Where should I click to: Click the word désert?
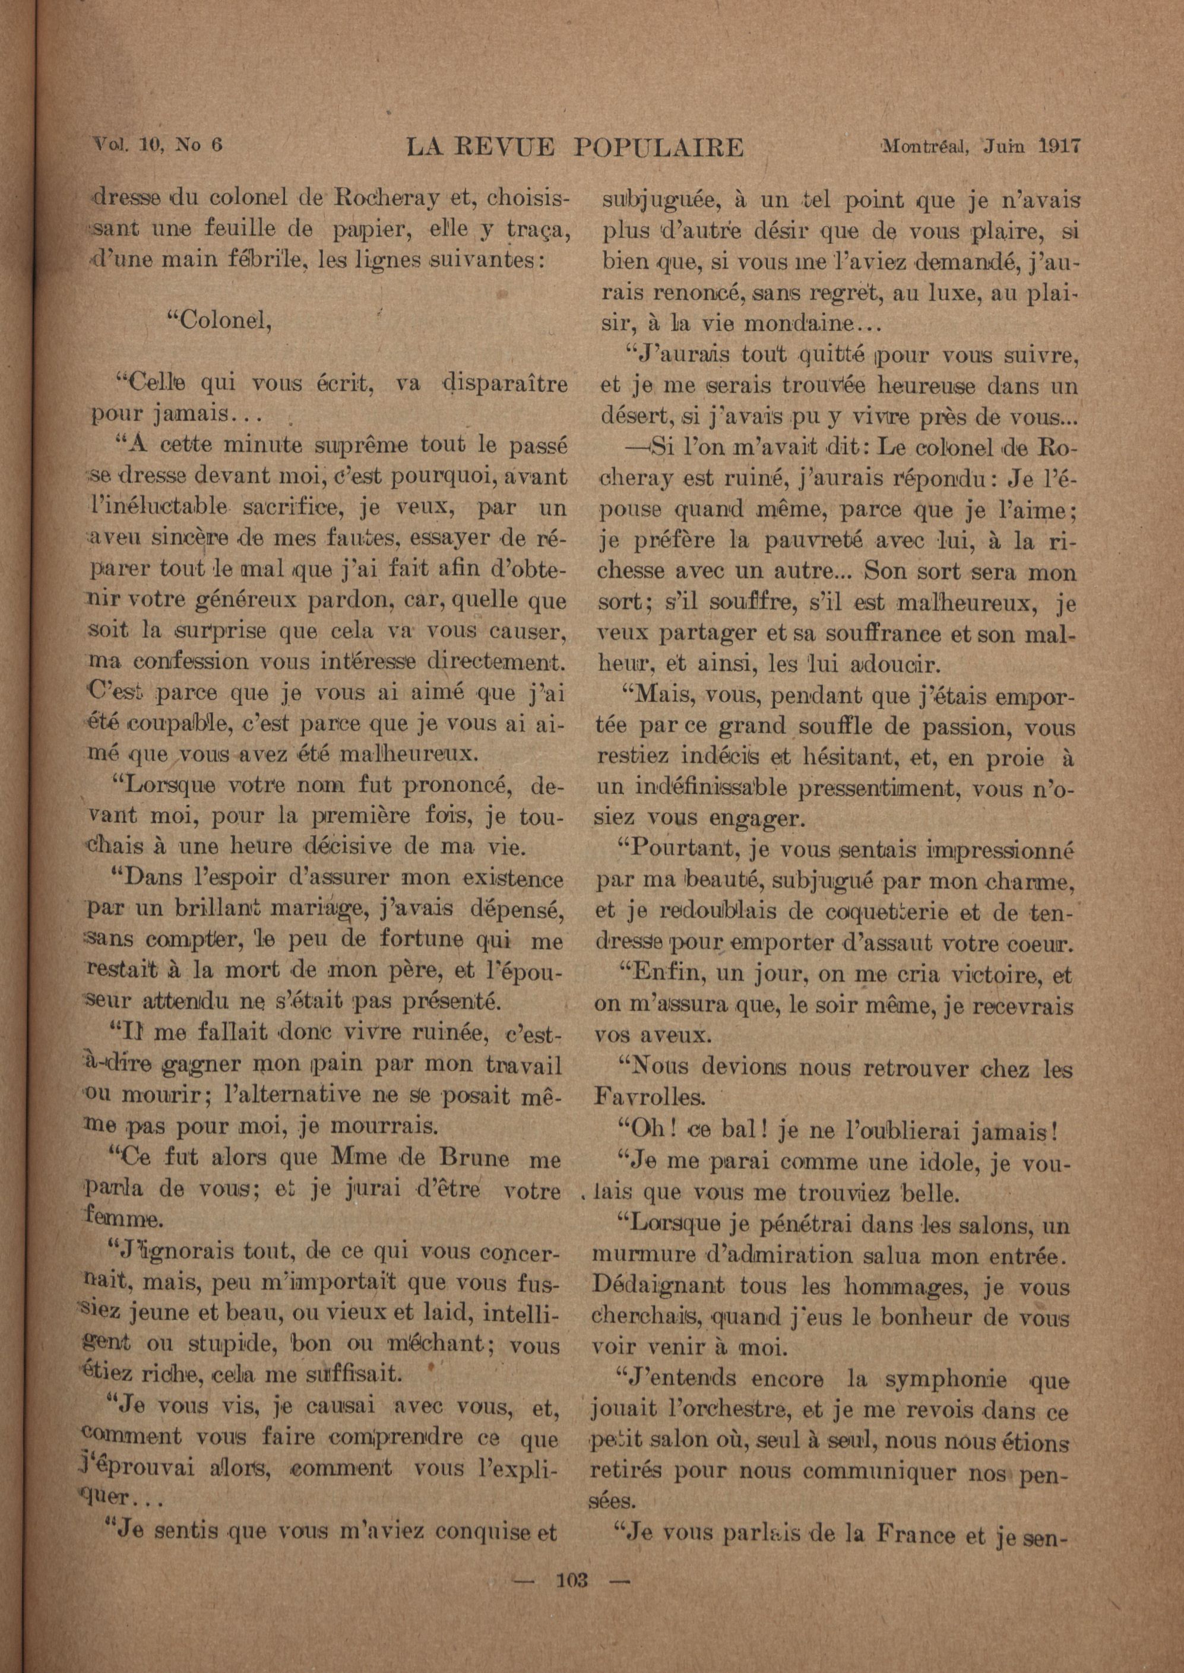click(632, 419)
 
